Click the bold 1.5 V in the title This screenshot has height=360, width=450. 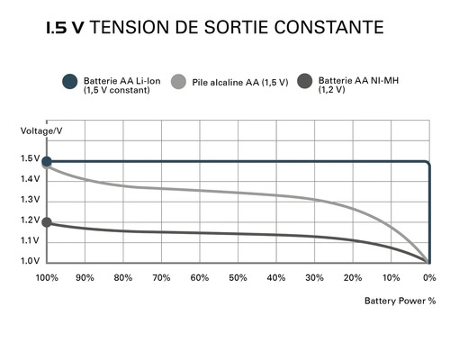click(64, 28)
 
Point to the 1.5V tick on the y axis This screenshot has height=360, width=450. click(30, 159)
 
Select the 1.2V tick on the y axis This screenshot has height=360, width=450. click(30, 220)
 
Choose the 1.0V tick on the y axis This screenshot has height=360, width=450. click(30, 261)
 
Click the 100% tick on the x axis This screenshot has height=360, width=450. click(47, 277)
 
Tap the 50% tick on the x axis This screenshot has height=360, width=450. click(238, 277)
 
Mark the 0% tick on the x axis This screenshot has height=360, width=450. click(429, 277)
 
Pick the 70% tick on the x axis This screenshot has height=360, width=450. click(161, 277)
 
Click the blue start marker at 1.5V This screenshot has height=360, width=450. click(47, 161)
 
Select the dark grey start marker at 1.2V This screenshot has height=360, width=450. click(47, 221)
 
